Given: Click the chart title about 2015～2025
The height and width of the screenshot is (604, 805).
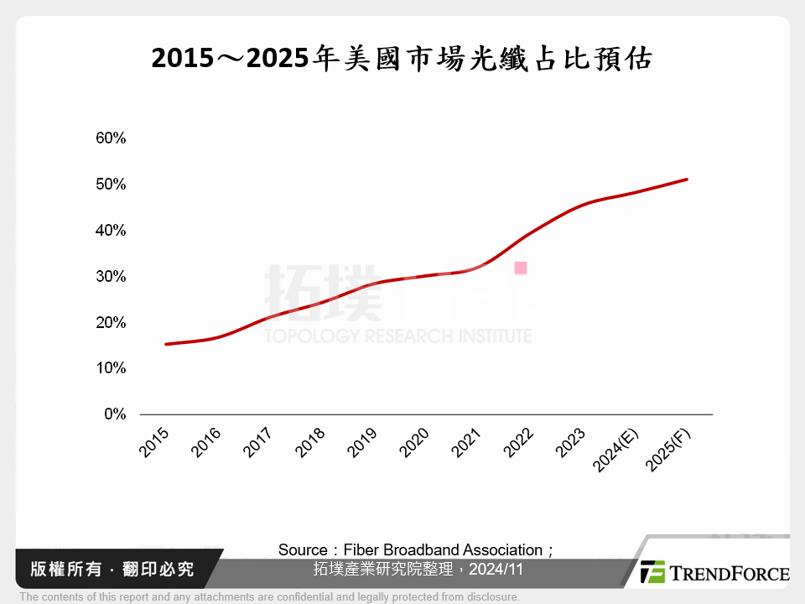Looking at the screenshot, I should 402,59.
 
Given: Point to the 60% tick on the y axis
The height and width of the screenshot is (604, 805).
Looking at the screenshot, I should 111,138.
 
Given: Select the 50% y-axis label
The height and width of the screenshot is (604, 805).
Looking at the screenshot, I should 111,185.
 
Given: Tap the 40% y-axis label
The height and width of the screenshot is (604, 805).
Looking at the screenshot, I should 111,231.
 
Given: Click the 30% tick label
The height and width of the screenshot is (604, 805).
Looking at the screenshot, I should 111,277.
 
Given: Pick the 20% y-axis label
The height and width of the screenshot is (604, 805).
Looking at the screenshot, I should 111,323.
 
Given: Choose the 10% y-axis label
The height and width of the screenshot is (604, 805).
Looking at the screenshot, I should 111,368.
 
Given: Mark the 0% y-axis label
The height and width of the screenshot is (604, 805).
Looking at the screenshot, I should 114,414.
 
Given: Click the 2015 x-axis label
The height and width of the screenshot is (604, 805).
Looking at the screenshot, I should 155,442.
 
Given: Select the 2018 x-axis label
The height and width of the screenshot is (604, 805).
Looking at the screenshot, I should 311,442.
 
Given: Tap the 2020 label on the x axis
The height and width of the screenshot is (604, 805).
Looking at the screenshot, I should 415,442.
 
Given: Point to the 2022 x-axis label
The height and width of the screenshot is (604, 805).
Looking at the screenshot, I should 519,442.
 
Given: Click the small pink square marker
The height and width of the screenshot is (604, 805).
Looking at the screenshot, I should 521,268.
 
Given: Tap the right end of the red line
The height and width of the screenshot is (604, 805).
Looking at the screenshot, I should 687,180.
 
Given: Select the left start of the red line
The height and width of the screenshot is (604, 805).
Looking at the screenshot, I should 166,344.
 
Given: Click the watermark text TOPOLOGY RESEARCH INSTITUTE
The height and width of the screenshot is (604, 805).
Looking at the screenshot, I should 398,336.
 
